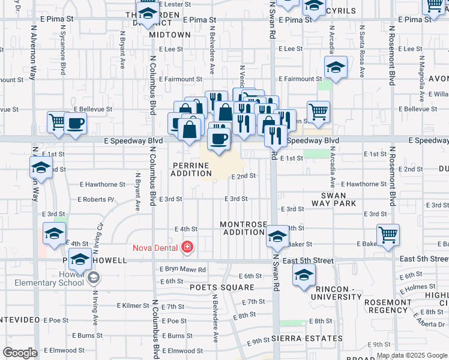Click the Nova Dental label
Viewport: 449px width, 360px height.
coord(155,247)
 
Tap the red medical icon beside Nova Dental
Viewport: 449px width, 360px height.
coord(187,247)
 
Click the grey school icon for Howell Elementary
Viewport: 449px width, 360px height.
coord(94,278)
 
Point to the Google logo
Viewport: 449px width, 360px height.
coord(20,353)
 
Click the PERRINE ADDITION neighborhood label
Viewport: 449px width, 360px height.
coord(192,169)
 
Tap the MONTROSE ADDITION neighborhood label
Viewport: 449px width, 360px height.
coord(243,228)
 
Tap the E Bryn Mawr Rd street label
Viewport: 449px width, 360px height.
coord(182,269)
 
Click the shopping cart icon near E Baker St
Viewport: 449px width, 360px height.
coord(388,235)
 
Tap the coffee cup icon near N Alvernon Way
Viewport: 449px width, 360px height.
coord(76,123)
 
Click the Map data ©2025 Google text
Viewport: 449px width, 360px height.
coord(411,355)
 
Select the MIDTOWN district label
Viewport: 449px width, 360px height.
coord(170,35)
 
